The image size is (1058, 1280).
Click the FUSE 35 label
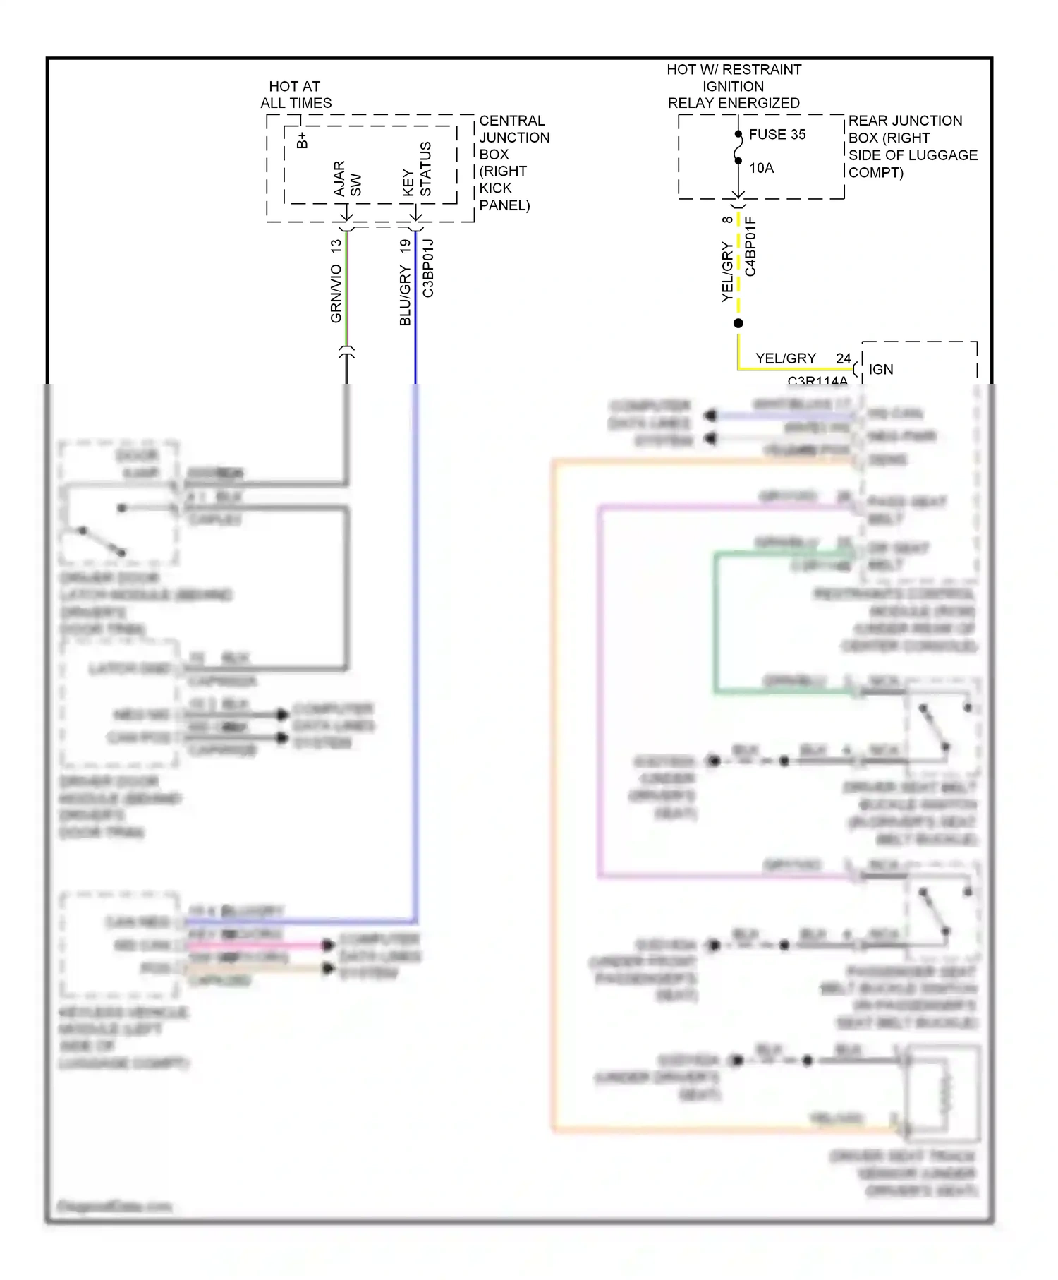point(777,134)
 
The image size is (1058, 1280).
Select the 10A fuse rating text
point(761,168)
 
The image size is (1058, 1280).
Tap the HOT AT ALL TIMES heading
point(296,95)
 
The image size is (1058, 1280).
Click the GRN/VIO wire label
point(336,294)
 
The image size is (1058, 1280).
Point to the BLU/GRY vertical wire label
point(405,296)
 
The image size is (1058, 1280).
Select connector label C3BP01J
point(428,268)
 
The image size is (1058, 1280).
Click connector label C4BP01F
point(750,246)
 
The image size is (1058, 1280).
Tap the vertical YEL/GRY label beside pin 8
point(727,272)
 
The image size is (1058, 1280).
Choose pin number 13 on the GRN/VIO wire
point(336,246)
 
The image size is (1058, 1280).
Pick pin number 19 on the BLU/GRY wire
point(405,246)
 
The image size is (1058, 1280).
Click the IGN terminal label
point(880,369)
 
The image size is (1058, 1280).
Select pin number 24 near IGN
point(844,358)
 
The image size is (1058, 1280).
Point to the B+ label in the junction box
point(302,140)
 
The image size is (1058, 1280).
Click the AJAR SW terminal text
point(347,179)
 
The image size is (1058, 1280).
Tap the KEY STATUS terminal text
point(417,169)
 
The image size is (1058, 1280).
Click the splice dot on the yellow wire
point(738,323)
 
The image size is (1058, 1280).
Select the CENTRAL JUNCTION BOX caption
point(513,163)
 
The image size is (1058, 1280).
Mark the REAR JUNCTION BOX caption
point(912,146)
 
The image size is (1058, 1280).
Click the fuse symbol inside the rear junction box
point(738,148)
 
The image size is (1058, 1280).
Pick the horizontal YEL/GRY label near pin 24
point(785,358)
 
